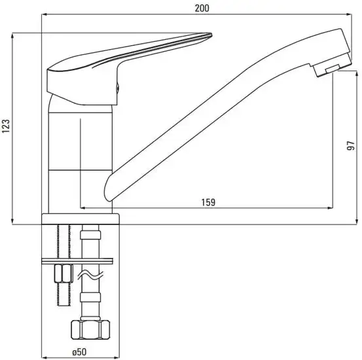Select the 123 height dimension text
click(7, 127)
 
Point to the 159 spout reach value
click(208, 202)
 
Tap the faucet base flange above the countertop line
click(81, 219)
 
